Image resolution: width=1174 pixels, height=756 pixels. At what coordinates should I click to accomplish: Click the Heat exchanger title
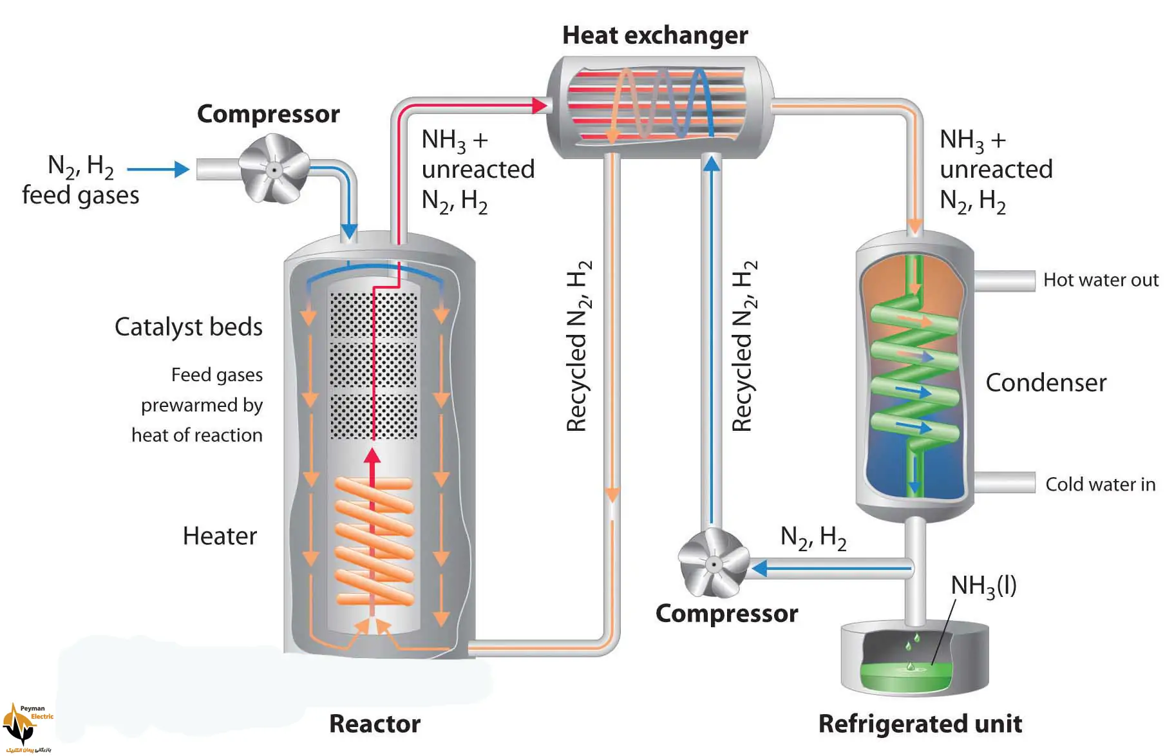pos(655,35)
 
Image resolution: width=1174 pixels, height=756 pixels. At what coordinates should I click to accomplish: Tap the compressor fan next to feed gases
pos(274,169)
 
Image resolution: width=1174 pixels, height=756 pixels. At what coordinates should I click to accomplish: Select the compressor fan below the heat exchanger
pos(714,563)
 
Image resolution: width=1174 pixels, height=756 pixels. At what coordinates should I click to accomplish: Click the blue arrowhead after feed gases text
pos(182,169)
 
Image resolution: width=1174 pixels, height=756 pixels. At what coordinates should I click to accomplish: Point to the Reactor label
pos(375,724)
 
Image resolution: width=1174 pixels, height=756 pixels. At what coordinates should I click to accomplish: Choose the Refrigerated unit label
pos(920,724)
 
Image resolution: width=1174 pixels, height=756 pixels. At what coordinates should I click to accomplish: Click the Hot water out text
pos(1101,280)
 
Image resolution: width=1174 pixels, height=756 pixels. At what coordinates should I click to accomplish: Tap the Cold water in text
pos(1100,484)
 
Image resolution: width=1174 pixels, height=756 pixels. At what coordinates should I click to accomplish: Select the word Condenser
pos(1046,383)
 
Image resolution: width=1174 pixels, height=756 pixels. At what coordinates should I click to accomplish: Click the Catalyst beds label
pos(189,327)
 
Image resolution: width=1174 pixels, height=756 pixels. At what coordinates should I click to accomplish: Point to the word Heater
pos(220,536)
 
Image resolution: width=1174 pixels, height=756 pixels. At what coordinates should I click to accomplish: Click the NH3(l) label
pos(983,586)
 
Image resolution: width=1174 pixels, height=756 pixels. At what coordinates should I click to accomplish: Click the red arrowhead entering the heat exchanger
pos(540,105)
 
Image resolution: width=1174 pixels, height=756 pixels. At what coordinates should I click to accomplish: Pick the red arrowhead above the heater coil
pos(372,456)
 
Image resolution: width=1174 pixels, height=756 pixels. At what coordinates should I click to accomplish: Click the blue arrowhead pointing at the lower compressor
pos(759,568)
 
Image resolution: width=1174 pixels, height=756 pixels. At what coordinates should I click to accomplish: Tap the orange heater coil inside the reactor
pos(374,541)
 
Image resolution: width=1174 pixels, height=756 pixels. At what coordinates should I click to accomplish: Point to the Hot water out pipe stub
pos(1004,281)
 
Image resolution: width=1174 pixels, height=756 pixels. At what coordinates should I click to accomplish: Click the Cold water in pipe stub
pos(1004,482)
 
